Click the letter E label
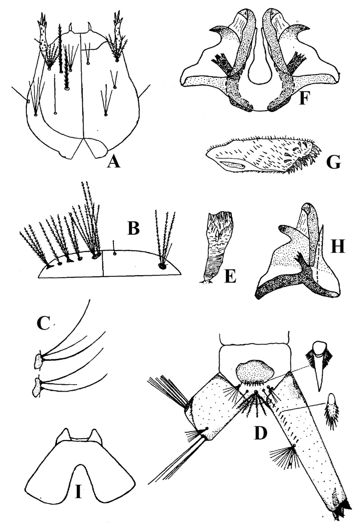coord(228,276)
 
